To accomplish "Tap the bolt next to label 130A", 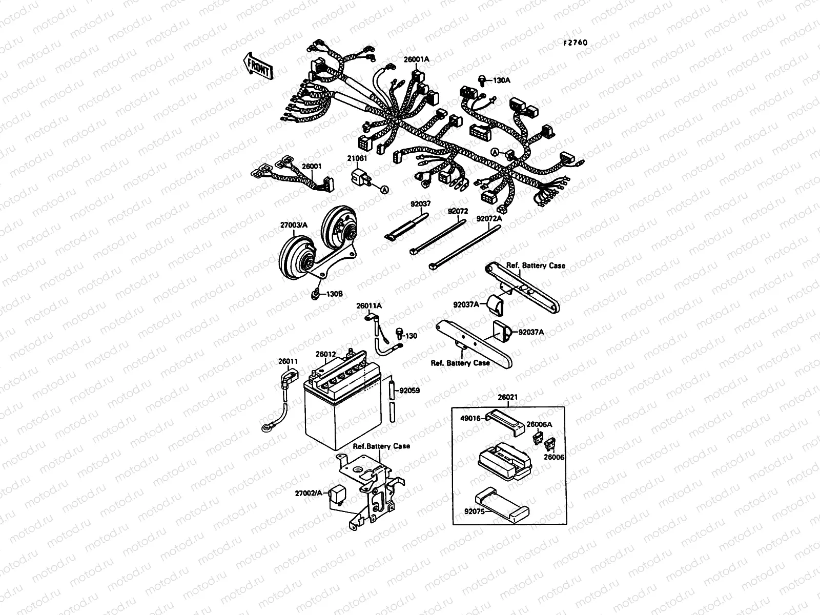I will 482,79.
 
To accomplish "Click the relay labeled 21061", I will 359,177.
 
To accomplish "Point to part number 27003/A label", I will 294,224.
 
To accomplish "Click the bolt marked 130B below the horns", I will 316,294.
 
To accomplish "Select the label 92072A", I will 489,218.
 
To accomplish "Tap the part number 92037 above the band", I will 420,203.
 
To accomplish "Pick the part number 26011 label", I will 288,361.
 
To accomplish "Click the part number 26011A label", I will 369,306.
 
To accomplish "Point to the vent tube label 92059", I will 409,390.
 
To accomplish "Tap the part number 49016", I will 469,418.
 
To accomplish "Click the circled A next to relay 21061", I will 384,189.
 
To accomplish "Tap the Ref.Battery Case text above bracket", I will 381,446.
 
